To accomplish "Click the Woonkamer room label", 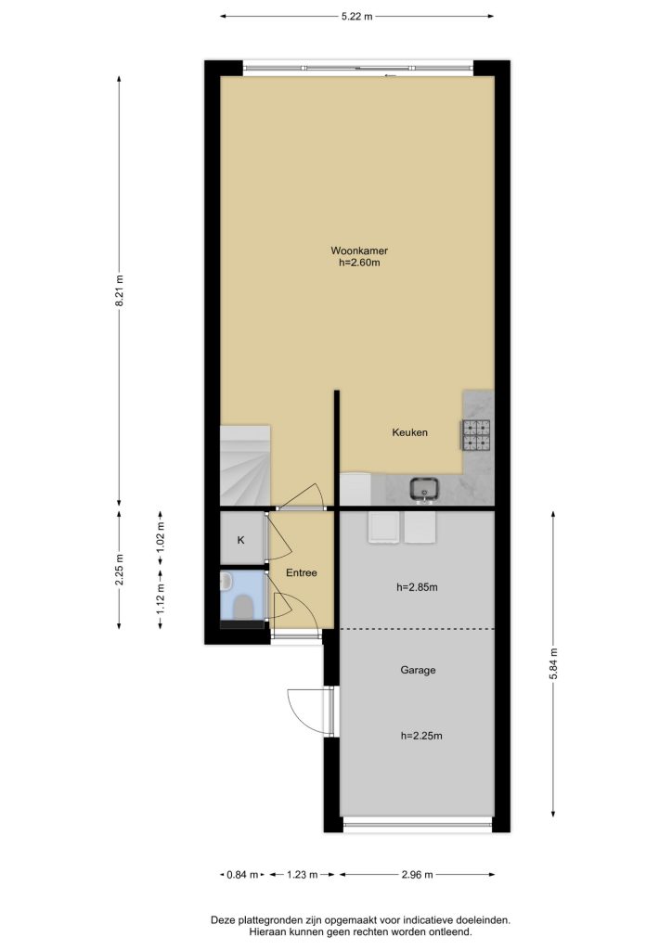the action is (x=358, y=250).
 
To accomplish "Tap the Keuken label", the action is (x=409, y=432).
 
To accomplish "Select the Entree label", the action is (x=301, y=572).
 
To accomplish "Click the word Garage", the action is (x=418, y=670).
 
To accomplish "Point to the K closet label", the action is (x=240, y=540).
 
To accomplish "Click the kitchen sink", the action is (x=424, y=488).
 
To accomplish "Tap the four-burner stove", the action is (x=477, y=435).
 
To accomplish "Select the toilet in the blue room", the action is (x=243, y=606).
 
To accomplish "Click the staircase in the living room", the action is (x=244, y=466).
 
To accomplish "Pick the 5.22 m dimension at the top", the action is (x=357, y=17).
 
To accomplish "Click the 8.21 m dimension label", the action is (x=120, y=290).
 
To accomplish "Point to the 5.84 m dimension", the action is (x=553, y=664).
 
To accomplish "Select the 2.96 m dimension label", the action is (x=417, y=874).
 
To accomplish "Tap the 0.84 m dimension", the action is (x=242, y=874).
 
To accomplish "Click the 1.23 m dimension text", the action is (x=302, y=874).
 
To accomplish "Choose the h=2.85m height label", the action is (x=417, y=586).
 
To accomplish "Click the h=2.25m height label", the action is (x=421, y=736).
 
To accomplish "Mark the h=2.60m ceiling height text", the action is (x=359, y=263).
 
